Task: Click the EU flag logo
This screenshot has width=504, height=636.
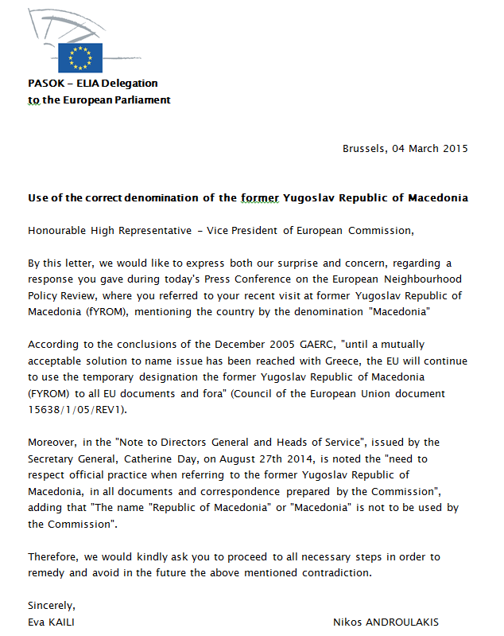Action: point(80,58)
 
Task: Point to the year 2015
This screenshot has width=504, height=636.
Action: point(454,149)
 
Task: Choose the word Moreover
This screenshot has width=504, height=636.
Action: point(50,442)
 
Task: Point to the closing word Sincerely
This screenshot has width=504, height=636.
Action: point(52,606)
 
